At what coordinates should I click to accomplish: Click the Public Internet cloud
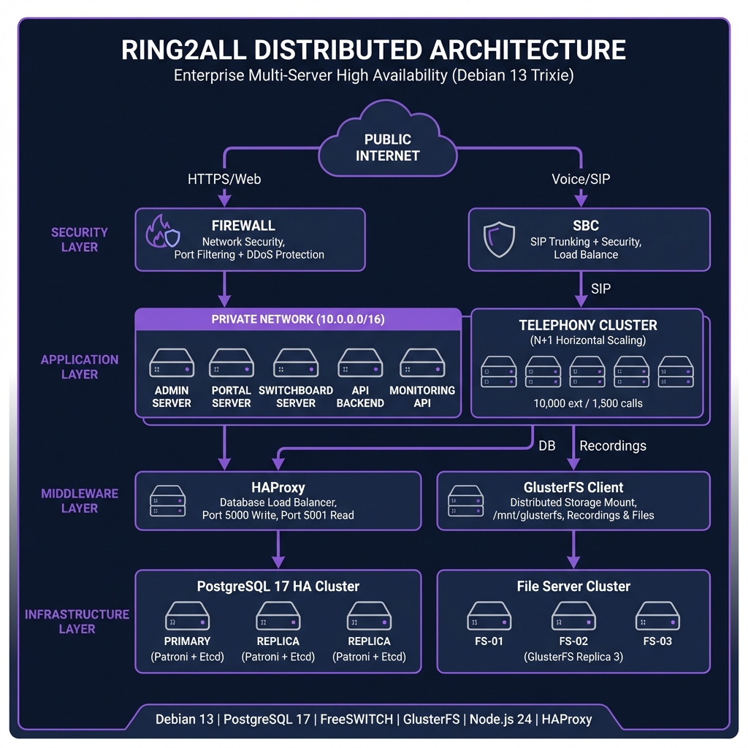click(x=388, y=147)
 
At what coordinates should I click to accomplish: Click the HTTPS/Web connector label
click(x=224, y=178)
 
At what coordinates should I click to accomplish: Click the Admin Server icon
click(x=172, y=363)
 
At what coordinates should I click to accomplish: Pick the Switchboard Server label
click(x=296, y=397)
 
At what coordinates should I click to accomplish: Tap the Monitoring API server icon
click(x=422, y=363)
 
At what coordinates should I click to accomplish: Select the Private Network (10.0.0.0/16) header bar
click(x=298, y=319)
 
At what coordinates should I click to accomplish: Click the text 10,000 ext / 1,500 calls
click(x=588, y=402)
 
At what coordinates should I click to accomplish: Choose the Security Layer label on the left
click(x=79, y=240)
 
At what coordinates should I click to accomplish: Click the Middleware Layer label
click(x=79, y=501)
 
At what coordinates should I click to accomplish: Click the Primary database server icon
click(x=187, y=616)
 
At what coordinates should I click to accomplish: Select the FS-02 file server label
click(x=573, y=641)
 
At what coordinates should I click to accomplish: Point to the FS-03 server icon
click(x=657, y=616)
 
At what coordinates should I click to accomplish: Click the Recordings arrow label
click(x=612, y=446)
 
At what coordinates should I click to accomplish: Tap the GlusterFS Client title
click(x=573, y=487)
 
